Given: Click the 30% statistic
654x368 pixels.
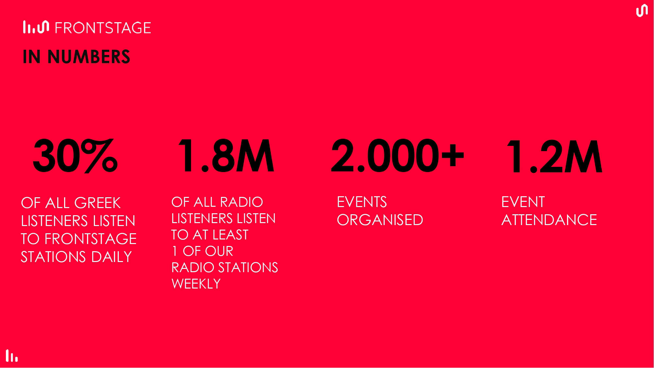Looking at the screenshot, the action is pyautogui.click(x=75, y=155).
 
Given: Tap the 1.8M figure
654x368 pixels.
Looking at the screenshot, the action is pyautogui.click(x=226, y=155).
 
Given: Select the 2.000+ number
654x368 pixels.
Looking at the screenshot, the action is pyautogui.click(x=397, y=155).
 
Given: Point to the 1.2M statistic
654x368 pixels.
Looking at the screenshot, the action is pyautogui.click(x=555, y=156).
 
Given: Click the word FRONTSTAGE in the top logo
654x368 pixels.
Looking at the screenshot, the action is pyautogui.click(x=103, y=28).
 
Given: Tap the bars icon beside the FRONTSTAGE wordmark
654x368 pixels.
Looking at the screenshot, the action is pyautogui.click(x=36, y=27).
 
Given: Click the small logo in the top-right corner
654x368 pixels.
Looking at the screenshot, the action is pyautogui.click(x=642, y=10).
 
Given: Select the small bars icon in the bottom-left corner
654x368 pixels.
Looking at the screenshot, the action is pyautogui.click(x=12, y=356).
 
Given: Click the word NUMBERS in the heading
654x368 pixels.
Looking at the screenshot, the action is pyautogui.click(x=89, y=57).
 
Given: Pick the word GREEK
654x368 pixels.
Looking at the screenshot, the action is pyautogui.click(x=97, y=203).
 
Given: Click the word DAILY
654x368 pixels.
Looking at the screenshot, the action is pyautogui.click(x=112, y=257).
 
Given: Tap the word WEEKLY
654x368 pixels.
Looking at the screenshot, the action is pyautogui.click(x=196, y=284).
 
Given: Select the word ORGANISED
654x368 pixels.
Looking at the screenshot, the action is pyautogui.click(x=380, y=220).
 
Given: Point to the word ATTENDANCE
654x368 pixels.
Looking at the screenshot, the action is pyautogui.click(x=549, y=220).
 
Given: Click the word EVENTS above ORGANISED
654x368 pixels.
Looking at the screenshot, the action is pyautogui.click(x=362, y=202).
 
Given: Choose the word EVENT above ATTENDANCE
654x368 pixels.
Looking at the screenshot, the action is pyautogui.click(x=523, y=202).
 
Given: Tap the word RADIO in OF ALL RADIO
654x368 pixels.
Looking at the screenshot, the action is pyautogui.click(x=241, y=202).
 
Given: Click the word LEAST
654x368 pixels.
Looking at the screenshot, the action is pyautogui.click(x=230, y=235).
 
